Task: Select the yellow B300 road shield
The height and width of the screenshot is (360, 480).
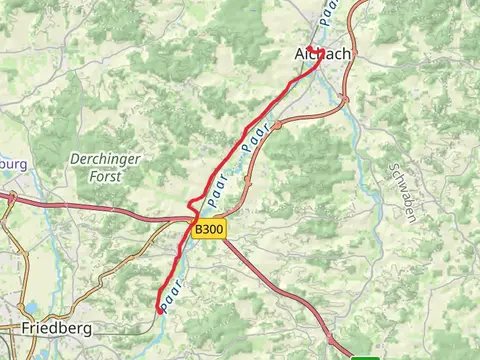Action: tap(210, 229)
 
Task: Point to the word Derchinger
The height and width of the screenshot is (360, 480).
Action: tap(105, 159)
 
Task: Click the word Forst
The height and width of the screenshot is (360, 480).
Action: tap(104, 175)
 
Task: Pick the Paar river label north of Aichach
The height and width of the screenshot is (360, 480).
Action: tap(331, 12)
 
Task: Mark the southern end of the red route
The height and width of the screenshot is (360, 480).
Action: tap(160, 310)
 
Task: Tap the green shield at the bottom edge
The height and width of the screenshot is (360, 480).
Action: tap(366, 356)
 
